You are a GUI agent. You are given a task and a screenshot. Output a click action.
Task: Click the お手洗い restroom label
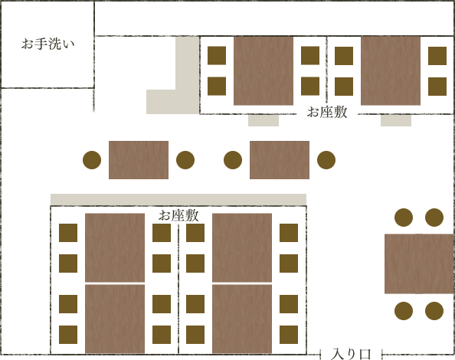click(48, 44)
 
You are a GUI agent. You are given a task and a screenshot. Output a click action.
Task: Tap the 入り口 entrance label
click(351, 354)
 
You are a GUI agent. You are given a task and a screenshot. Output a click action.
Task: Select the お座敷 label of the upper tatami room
click(327, 112)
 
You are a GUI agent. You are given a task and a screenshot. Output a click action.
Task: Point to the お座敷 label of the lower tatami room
click(178, 215)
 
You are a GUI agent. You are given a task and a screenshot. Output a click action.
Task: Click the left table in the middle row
click(139, 160)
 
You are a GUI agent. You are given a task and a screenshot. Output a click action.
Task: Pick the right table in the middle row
click(280, 160)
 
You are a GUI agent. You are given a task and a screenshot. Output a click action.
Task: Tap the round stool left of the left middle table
click(92, 160)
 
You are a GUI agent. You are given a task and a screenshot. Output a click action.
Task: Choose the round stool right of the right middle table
click(326, 160)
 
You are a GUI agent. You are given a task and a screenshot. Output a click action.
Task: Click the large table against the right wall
click(419, 263)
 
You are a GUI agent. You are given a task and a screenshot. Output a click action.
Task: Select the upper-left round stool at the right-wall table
click(404, 218)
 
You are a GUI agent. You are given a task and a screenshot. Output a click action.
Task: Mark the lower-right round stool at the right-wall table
click(434, 311)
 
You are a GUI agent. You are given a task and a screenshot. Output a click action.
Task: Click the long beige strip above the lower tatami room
click(178, 199)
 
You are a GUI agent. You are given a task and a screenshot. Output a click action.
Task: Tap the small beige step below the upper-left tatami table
click(264, 120)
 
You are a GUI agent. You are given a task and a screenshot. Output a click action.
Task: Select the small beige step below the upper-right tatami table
click(396, 120)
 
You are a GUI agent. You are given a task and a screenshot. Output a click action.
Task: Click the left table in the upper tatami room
click(264, 70)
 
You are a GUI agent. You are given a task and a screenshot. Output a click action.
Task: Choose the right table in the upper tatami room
click(391, 70)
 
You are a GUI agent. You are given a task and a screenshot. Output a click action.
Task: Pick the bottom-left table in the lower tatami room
click(115, 319)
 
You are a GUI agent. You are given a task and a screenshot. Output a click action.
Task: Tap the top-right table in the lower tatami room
click(242, 247)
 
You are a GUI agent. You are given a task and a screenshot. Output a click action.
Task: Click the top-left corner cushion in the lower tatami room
click(68, 233)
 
